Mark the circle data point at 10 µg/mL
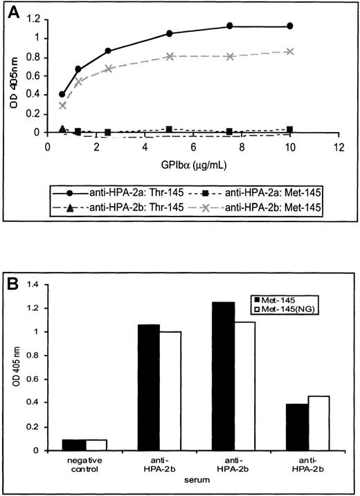pos(290,26)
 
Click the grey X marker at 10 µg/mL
pos(290,51)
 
